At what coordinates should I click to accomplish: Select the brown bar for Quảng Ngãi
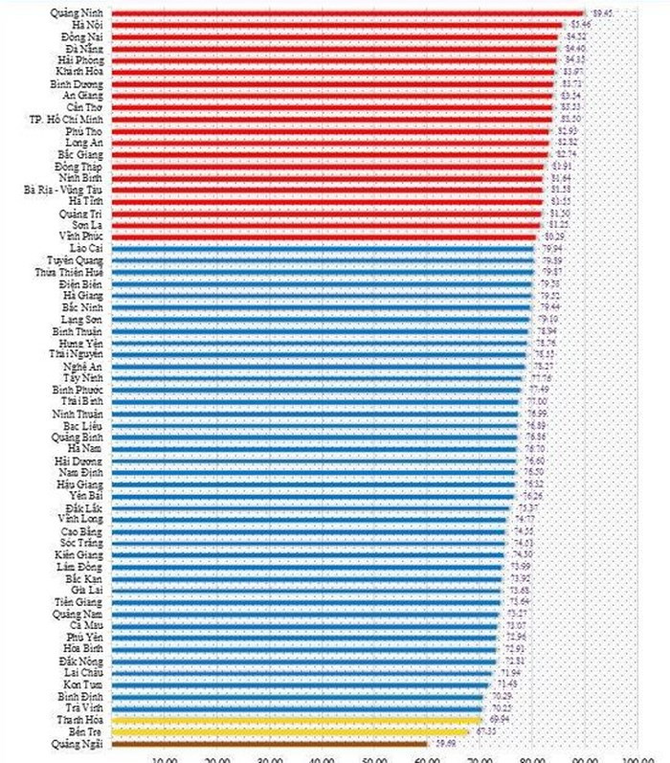268,742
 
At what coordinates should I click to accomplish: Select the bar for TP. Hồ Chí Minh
331,118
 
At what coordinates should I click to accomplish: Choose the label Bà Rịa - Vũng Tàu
65,189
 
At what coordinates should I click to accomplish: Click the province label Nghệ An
83,366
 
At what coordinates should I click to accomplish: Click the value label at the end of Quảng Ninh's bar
603,12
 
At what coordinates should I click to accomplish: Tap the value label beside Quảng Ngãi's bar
445,742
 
